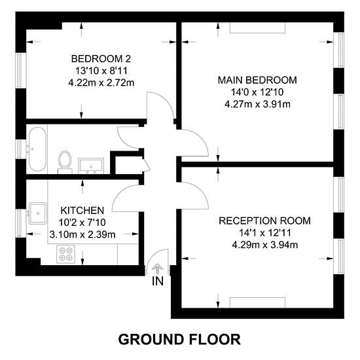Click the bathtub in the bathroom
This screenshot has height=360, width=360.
pyautogui.click(x=37, y=149)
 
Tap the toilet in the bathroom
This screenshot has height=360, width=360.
pyautogui.click(x=65, y=162)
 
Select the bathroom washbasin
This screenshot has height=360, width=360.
pyautogui.click(x=91, y=166)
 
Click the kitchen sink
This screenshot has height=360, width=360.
pyautogui.click(x=38, y=213)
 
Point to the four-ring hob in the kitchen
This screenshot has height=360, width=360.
pyautogui.click(x=65, y=254)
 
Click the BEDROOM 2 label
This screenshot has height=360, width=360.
pyautogui.click(x=101, y=59)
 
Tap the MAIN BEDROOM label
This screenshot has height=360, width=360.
pyautogui.click(x=257, y=80)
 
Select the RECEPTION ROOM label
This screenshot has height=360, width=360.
pyautogui.click(x=264, y=221)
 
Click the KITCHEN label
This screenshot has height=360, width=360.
pyautogui.click(x=82, y=211)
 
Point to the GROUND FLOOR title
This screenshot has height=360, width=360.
pyautogui.click(x=179, y=339)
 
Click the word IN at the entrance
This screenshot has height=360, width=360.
pyautogui.click(x=158, y=281)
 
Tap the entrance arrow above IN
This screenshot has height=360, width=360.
pyautogui.click(x=158, y=269)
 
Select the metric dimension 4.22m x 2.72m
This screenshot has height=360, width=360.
pyautogui.click(x=101, y=82)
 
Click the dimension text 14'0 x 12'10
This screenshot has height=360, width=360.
pyautogui.click(x=257, y=92)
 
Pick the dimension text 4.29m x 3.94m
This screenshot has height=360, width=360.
pyautogui.click(x=265, y=245)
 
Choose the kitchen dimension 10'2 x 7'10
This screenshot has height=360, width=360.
pyautogui.click(x=82, y=223)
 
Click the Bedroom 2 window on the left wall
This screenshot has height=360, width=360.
pyautogui.click(x=18, y=70)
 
